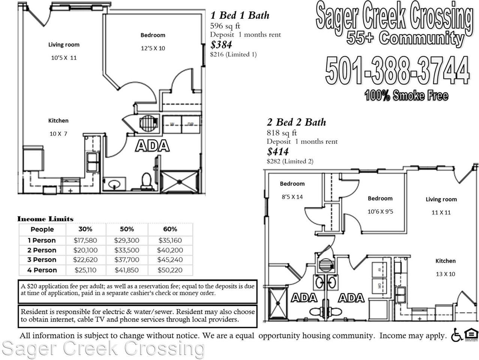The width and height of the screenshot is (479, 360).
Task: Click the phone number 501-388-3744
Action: [397, 70]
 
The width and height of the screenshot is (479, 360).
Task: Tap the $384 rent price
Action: [221, 45]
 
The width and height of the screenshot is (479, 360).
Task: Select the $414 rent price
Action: [278, 151]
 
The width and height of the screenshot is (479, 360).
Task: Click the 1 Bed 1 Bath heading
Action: [240, 15]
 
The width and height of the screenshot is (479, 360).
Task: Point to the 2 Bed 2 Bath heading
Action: [296, 122]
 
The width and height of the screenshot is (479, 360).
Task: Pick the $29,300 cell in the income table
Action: [127, 240]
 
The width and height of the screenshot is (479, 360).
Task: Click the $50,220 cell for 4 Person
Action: [170, 270]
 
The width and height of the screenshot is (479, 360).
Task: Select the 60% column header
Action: [170, 229]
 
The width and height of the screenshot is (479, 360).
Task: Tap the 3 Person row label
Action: [42, 260]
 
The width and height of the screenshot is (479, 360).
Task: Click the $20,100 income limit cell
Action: [85, 250]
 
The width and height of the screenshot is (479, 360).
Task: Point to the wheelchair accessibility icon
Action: [456, 335]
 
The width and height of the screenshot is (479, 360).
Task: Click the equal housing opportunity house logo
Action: [471, 334]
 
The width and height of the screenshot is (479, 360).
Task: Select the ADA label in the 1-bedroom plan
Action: [152, 146]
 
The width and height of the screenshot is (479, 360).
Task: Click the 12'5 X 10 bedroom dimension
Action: [153, 48]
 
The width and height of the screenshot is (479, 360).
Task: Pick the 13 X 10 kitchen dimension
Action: [445, 274]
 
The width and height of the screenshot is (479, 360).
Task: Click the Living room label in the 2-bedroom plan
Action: [441, 199]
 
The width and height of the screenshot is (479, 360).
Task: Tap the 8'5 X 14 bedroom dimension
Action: [292, 197]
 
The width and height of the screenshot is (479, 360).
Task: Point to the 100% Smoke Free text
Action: [406, 95]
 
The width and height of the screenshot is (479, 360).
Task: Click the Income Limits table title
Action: [45, 219]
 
